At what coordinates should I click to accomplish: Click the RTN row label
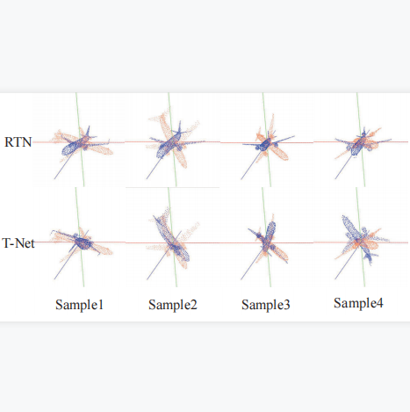tap(18, 142)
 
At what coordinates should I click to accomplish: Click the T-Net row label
tap(18, 243)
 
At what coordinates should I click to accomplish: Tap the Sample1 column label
tap(79, 305)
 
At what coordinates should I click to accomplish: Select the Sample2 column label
tap(173, 305)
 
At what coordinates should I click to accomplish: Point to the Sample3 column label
tap(266, 305)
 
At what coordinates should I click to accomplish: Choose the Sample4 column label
tap(358, 303)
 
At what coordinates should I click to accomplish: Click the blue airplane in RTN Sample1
tap(81, 143)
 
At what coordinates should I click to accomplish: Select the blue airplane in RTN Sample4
tap(359, 143)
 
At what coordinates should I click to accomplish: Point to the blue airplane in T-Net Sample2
tap(173, 240)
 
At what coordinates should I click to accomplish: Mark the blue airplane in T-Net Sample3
tap(267, 240)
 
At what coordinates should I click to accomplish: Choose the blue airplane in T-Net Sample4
tap(359, 239)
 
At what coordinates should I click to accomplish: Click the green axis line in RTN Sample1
tap(80, 140)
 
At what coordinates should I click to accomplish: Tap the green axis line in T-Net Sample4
tap(360, 237)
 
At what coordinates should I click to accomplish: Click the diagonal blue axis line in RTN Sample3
tap(251, 164)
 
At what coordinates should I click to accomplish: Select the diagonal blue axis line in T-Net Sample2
tap(164, 256)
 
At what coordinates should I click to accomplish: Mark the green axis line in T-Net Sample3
tap(267, 237)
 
